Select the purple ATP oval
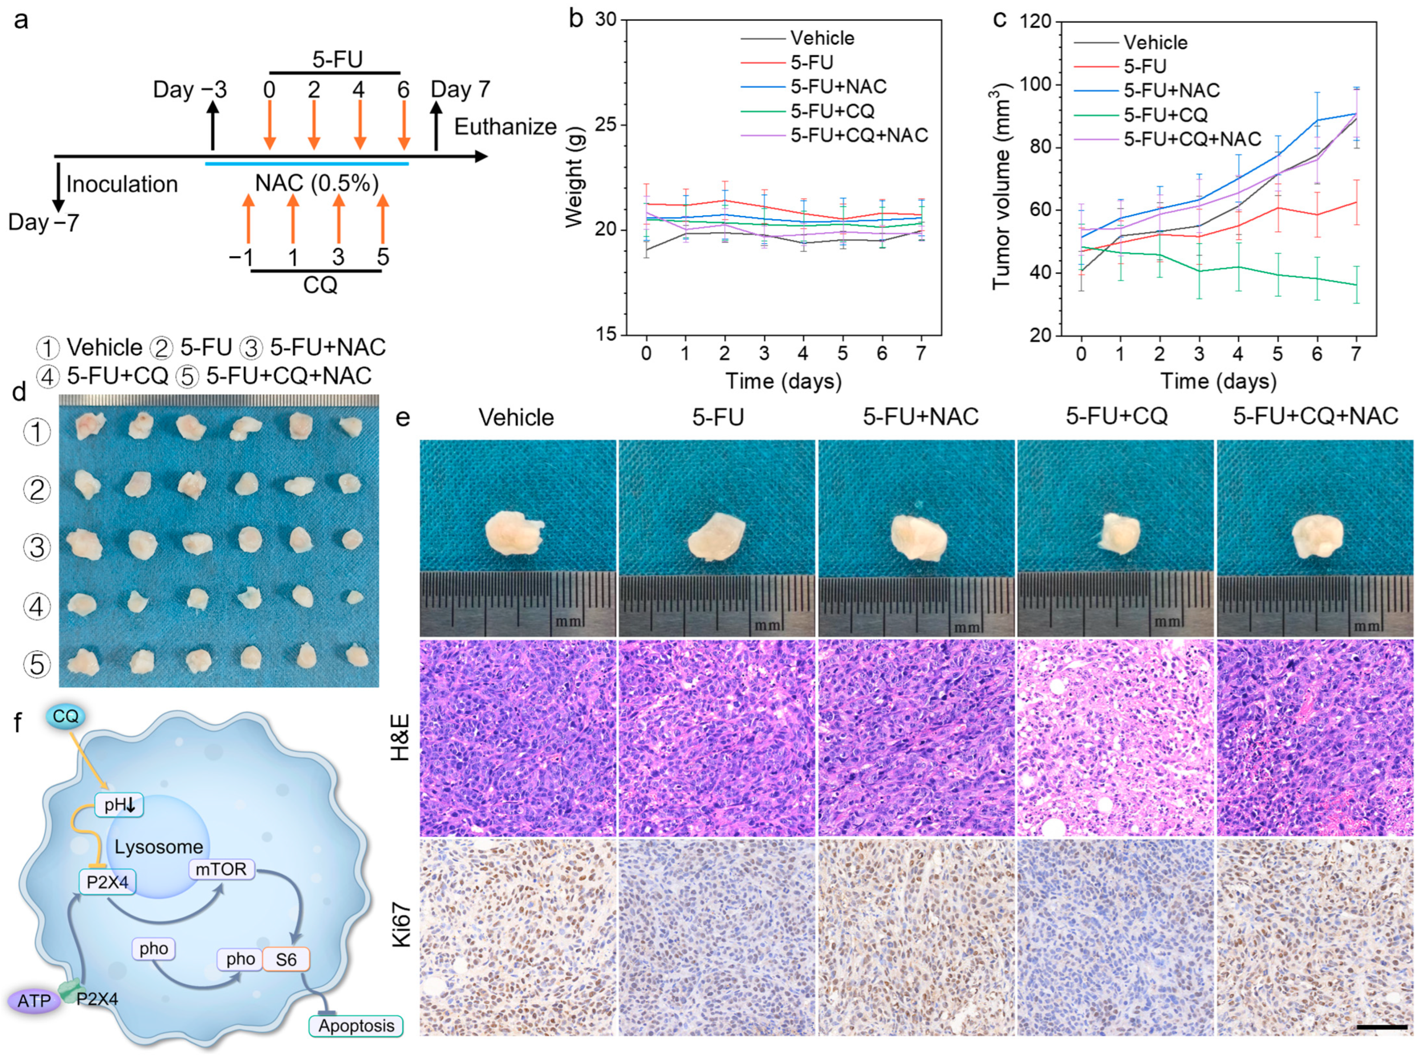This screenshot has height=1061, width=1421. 34,1001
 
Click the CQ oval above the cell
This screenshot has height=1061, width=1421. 65,716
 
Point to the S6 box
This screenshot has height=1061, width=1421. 286,960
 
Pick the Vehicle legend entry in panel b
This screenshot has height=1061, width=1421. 822,38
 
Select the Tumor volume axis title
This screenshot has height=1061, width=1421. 1002,188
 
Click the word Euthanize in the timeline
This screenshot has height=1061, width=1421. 505,127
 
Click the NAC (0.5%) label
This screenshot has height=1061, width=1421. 317,184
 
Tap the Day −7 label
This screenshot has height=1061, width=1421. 43,223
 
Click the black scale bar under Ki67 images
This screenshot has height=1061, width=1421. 1382,1028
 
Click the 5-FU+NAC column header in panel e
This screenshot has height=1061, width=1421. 920,418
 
